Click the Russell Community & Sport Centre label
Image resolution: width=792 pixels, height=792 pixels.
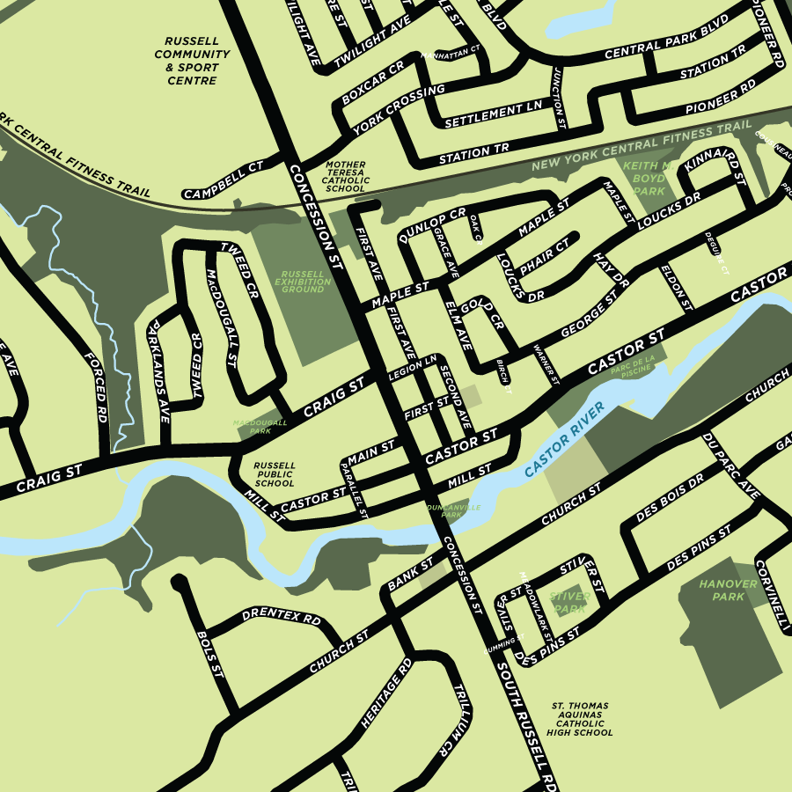point(192,61)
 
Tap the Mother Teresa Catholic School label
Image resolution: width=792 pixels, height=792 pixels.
point(345,177)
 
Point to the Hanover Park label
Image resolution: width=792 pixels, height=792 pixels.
point(729,590)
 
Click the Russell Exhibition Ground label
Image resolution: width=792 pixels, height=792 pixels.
point(302,282)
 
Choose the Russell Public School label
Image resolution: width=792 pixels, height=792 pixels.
point(274,475)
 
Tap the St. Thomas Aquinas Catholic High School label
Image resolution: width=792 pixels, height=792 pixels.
point(580,719)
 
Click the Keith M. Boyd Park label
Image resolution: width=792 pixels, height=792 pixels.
point(649,178)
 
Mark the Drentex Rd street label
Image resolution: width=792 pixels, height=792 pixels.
point(281,617)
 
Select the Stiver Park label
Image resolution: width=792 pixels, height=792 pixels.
point(568,602)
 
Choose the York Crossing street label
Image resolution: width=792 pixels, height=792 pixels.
point(399,110)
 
